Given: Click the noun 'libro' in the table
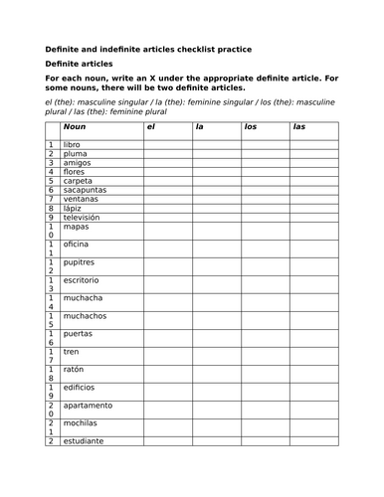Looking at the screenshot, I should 73,145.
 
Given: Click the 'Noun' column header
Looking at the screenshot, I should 75,126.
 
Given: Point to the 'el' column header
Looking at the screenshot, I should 151,126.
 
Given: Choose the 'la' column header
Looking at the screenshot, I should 200,126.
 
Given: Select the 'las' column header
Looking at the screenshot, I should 299,126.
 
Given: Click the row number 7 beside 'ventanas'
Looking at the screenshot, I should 50,199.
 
